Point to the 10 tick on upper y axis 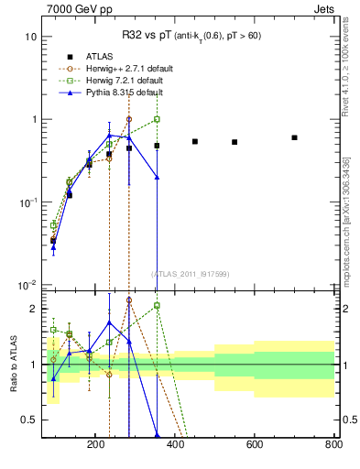tap(29, 38)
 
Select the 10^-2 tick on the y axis tap(27, 285)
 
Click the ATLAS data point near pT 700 tap(294, 137)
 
